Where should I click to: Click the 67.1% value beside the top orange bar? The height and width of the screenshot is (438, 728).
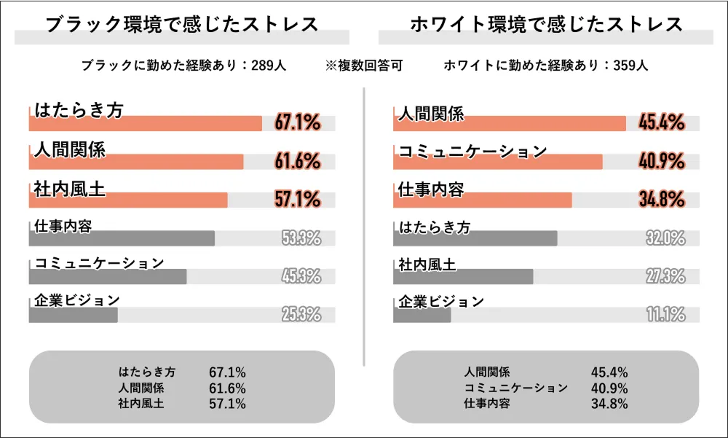click(298, 123)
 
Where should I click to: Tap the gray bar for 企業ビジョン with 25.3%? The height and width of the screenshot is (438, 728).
click(73, 315)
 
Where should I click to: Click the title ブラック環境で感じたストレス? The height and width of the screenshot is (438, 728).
click(182, 24)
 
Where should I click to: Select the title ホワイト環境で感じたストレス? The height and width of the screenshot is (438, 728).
click(546, 24)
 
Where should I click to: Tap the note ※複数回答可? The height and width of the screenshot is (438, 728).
click(364, 66)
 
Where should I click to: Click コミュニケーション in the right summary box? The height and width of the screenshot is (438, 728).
click(515, 388)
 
